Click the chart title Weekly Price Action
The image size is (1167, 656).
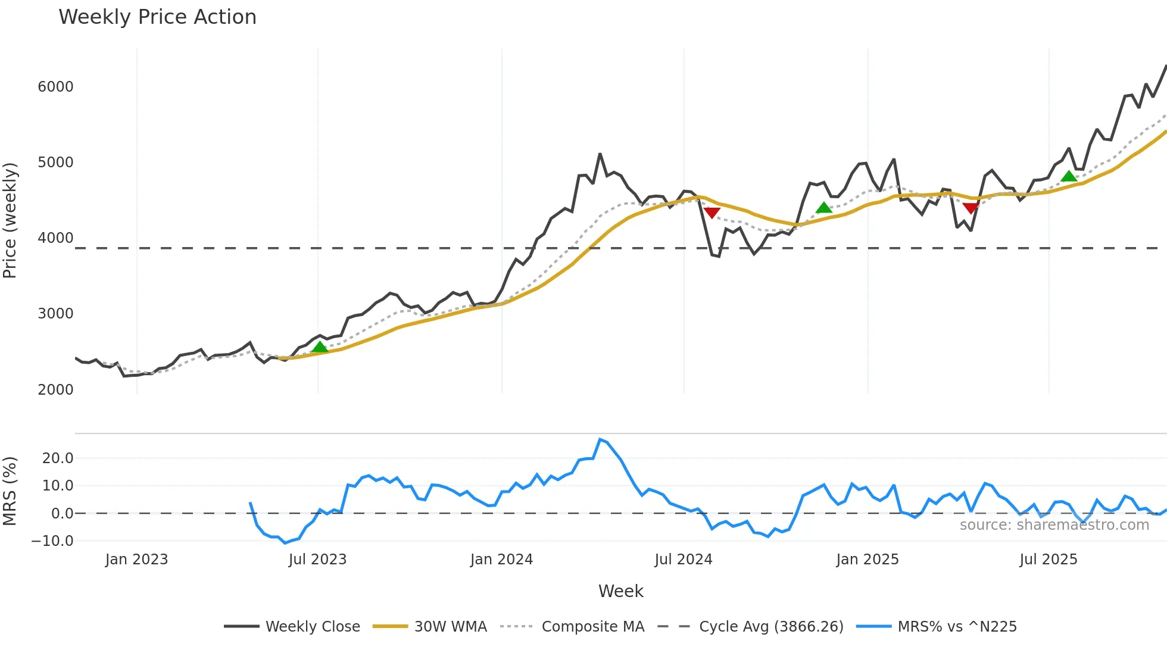pos(157,17)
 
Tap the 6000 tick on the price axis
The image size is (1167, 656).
pos(55,87)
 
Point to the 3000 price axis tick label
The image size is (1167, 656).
pos(55,314)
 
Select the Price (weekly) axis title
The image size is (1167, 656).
pos(10,220)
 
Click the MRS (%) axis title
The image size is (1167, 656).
pos(10,491)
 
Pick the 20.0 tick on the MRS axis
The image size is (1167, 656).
pos(58,458)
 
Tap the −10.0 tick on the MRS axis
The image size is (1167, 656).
pos(52,541)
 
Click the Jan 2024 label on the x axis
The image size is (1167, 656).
pos(501,560)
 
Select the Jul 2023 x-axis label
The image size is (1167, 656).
pos(317,560)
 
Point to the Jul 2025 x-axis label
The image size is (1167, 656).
pos(1049,560)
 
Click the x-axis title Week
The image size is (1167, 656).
pos(620,591)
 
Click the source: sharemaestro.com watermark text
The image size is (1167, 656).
pos(1054,525)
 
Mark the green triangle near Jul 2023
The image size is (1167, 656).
pos(320,347)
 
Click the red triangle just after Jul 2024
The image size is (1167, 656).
pos(712,213)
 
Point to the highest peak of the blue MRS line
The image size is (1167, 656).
pos(600,439)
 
